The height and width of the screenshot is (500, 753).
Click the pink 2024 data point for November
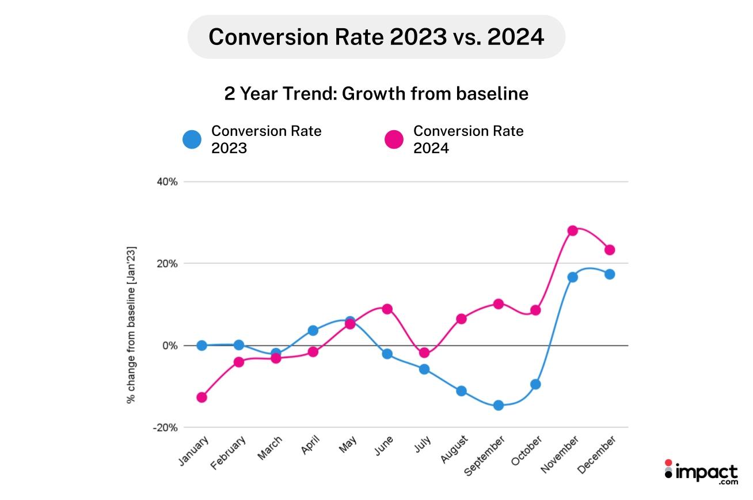coord(572,230)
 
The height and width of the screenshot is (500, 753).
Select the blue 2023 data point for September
coord(498,405)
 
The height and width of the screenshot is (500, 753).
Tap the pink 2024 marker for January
coord(201,397)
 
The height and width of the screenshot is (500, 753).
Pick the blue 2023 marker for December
coord(609,274)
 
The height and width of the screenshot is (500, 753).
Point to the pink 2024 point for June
coord(387,309)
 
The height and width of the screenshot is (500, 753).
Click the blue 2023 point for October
coord(535,384)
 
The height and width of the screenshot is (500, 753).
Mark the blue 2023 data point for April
coord(313,330)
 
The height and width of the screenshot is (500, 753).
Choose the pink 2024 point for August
coord(461,319)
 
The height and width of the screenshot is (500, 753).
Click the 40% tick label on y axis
coord(167,181)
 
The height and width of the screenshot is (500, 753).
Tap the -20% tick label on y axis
coord(166,427)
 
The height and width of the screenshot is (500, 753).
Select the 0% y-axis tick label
coord(170,346)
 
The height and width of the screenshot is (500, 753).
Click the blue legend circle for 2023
coord(192,139)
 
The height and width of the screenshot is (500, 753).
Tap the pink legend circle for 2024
coord(394,139)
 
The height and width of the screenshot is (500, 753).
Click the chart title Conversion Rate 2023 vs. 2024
coord(376,37)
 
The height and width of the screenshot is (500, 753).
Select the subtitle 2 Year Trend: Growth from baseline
coord(376,94)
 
